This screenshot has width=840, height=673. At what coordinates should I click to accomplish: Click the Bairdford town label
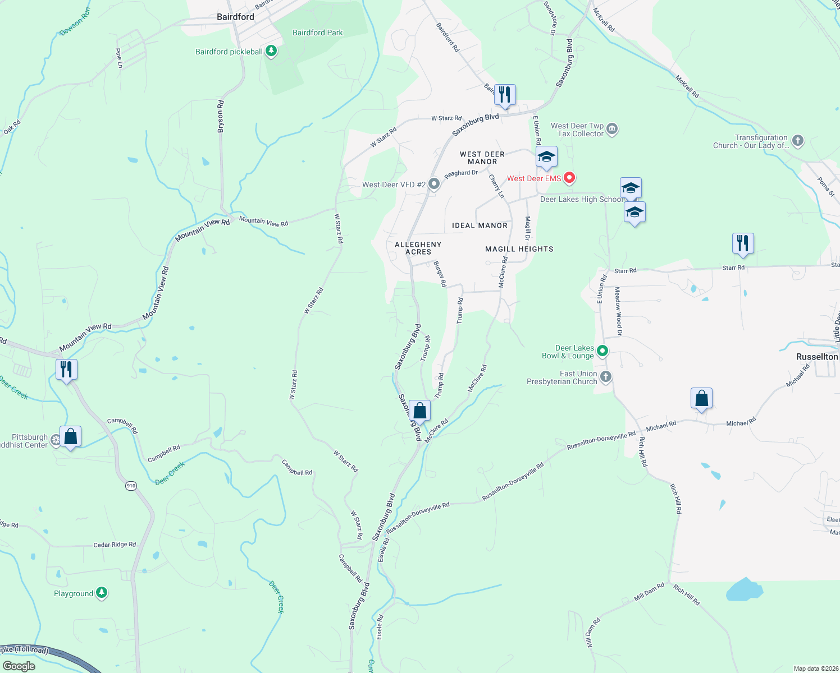[x=235, y=17]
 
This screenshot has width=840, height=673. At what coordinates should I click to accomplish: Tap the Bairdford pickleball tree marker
[x=271, y=52]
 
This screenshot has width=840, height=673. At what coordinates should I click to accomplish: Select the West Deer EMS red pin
[x=569, y=178]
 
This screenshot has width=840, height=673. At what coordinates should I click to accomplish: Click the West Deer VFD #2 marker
[x=433, y=184]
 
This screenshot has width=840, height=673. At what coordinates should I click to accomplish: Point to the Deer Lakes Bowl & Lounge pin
[x=602, y=351]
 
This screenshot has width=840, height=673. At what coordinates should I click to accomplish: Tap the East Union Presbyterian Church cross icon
[x=605, y=377]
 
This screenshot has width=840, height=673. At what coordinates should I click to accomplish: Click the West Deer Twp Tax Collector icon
[x=612, y=129]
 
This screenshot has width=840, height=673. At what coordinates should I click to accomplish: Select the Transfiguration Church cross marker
[x=798, y=141]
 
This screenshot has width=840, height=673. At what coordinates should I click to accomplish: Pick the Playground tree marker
[x=102, y=593]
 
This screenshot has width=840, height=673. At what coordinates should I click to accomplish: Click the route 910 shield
[x=131, y=486]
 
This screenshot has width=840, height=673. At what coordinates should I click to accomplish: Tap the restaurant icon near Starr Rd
[x=742, y=243]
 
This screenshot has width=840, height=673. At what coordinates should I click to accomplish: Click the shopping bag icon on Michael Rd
[x=701, y=399]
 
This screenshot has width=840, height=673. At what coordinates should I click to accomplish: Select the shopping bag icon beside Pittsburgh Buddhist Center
[x=71, y=437]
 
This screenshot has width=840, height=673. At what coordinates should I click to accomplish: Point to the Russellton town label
[x=817, y=357]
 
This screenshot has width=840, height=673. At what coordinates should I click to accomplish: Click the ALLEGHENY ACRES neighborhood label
[x=418, y=248]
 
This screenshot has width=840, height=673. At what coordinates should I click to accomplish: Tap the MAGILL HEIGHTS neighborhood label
[x=519, y=249]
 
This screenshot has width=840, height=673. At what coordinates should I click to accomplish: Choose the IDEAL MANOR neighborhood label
[x=480, y=225]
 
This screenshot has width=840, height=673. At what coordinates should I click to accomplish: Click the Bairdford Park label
[x=317, y=33]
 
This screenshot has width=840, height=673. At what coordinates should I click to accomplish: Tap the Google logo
[x=19, y=666]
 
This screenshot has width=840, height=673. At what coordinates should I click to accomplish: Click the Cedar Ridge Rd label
[x=115, y=545]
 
